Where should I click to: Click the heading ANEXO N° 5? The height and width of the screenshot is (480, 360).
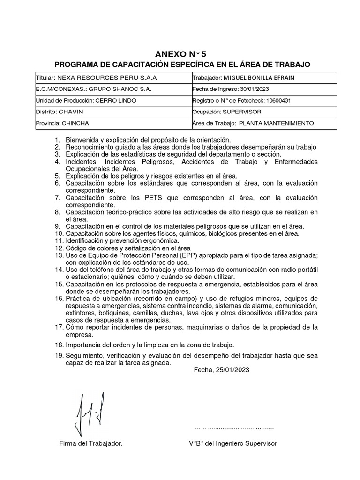click(x=180, y=54)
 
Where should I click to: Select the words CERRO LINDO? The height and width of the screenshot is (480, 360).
click(x=115, y=100)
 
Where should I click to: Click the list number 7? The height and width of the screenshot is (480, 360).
click(x=57, y=198)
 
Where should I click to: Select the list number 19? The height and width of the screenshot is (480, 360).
click(x=59, y=356)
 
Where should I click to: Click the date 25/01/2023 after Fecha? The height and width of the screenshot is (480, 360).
click(x=232, y=370)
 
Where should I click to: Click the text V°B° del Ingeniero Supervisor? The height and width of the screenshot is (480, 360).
click(x=232, y=443)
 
